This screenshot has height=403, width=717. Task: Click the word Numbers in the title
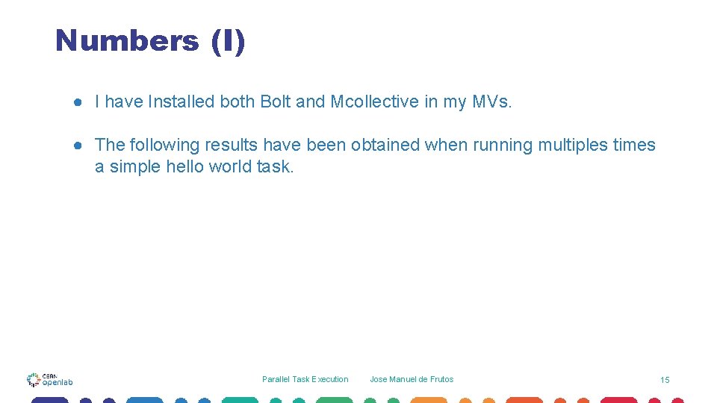coord(127,40)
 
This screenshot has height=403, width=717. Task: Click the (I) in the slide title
coord(228,40)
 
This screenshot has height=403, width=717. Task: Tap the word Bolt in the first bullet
coord(276,101)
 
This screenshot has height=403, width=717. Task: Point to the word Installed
coord(181,101)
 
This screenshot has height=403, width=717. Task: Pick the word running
coord(503,145)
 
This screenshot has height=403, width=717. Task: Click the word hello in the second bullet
coord(184,166)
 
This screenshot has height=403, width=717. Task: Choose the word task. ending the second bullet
coord(276,166)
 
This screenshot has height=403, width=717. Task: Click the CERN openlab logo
coord(50,380)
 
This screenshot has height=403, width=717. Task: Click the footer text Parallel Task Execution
coord(305,379)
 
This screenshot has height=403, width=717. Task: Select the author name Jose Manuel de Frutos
coord(412,379)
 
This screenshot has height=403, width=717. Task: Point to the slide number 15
coord(665,380)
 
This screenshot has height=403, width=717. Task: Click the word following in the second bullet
coord(163,145)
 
